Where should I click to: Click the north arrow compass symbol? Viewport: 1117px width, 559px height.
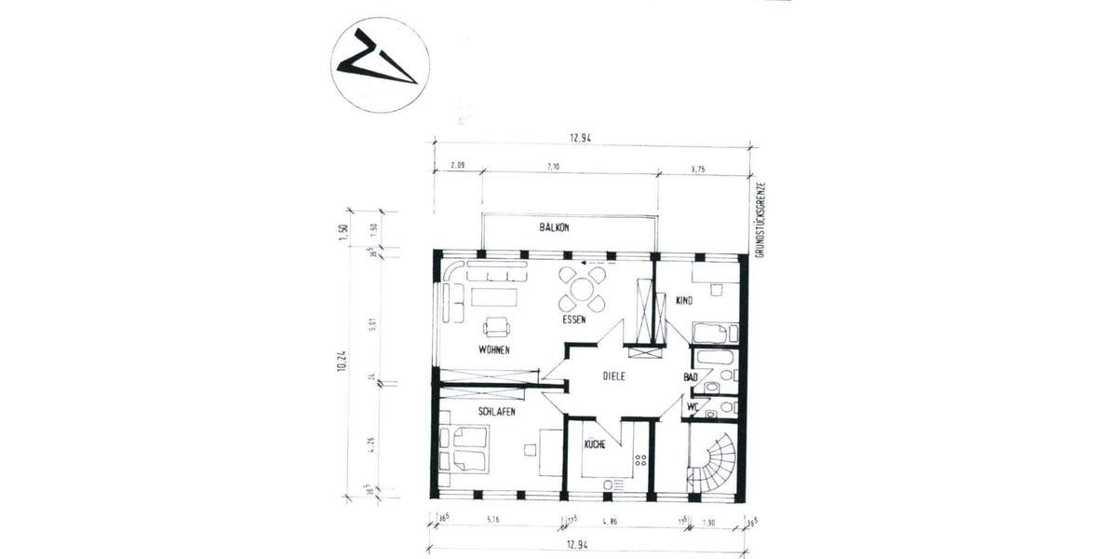tap(380, 66)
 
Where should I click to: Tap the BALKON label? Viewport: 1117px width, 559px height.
tap(554, 227)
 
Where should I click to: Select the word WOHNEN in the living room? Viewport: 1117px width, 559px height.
tap(494, 349)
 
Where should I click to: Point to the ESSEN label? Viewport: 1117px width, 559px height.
tap(573, 320)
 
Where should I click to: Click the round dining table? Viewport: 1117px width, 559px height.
tap(581, 288)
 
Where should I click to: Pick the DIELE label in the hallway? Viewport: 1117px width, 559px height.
tap(612, 376)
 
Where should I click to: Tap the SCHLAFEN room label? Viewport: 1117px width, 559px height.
tap(497, 411)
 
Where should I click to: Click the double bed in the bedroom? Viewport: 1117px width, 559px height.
tap(466, 449)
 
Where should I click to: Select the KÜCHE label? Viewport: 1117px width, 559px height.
tap(595, 445)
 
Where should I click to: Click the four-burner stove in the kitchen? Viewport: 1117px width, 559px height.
tap(640, 458)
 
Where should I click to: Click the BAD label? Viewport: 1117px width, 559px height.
tap(690, 377)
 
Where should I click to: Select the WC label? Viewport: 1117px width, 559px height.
tap(693, 407)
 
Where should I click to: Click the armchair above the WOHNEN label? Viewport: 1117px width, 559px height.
tap(495, 326)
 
